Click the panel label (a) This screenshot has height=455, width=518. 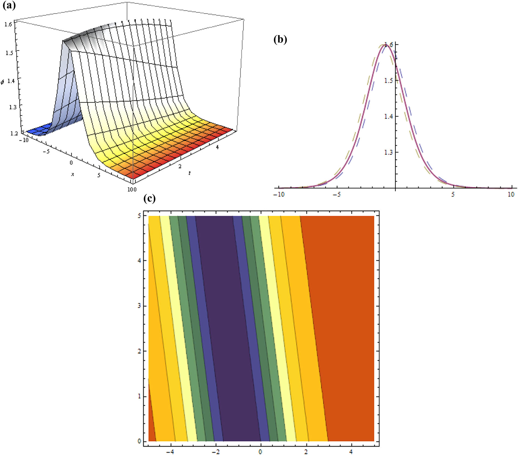pos(9,5)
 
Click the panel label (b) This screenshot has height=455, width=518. pos(280,40)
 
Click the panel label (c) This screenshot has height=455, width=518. pos(150,199)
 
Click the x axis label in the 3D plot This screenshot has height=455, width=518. pos(72,174)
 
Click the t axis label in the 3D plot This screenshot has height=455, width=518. pos(189,173)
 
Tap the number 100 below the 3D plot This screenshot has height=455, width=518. pos(132,189)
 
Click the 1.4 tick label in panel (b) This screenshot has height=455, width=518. pos(388,116)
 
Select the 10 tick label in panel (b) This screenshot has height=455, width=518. pos(511,195)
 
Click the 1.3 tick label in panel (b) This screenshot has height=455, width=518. pos(388,152)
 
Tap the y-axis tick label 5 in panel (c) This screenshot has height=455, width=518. pos(139,216)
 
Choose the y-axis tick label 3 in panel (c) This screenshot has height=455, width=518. pos(139,306)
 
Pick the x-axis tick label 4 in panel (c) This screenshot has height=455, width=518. pos(351,452)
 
